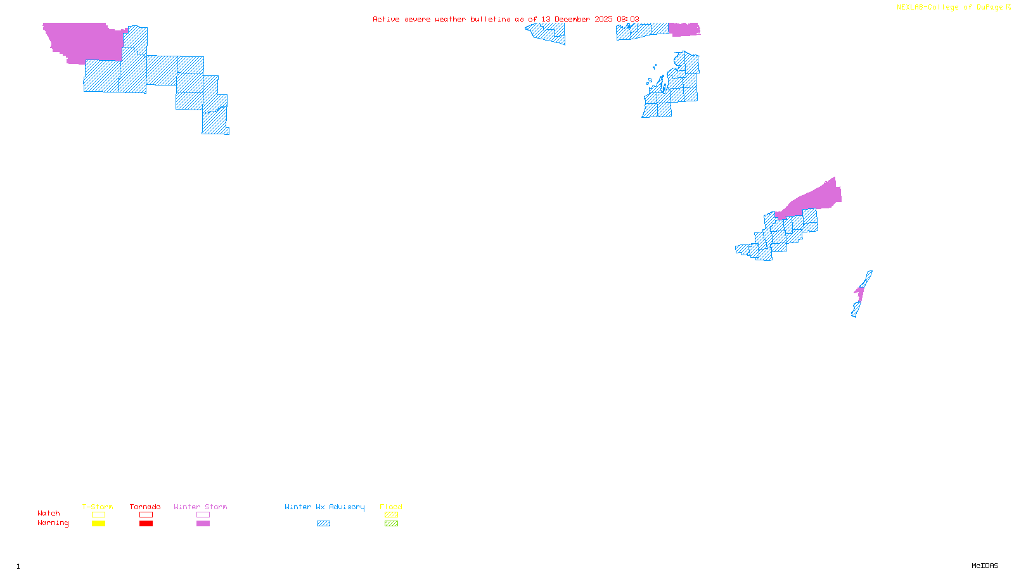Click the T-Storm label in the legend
click(98, 507)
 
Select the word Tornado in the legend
click(145, 507)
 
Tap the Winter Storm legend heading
click(200, 507)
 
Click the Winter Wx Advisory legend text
click(324, 507)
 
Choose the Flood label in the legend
click(391, 507)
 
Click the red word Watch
click(49, 513)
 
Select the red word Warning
click(53, 523)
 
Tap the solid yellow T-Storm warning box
click(98, 524)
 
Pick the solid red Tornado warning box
click(146, 524)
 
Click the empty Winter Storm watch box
click(203, 515)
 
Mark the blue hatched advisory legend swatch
click(323, 524)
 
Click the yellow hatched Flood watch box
click(391, 515)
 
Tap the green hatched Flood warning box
click(391, 524)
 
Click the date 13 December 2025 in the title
click(577, 19)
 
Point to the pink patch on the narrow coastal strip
click(860, 293)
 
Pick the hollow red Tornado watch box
click(146, 515)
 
